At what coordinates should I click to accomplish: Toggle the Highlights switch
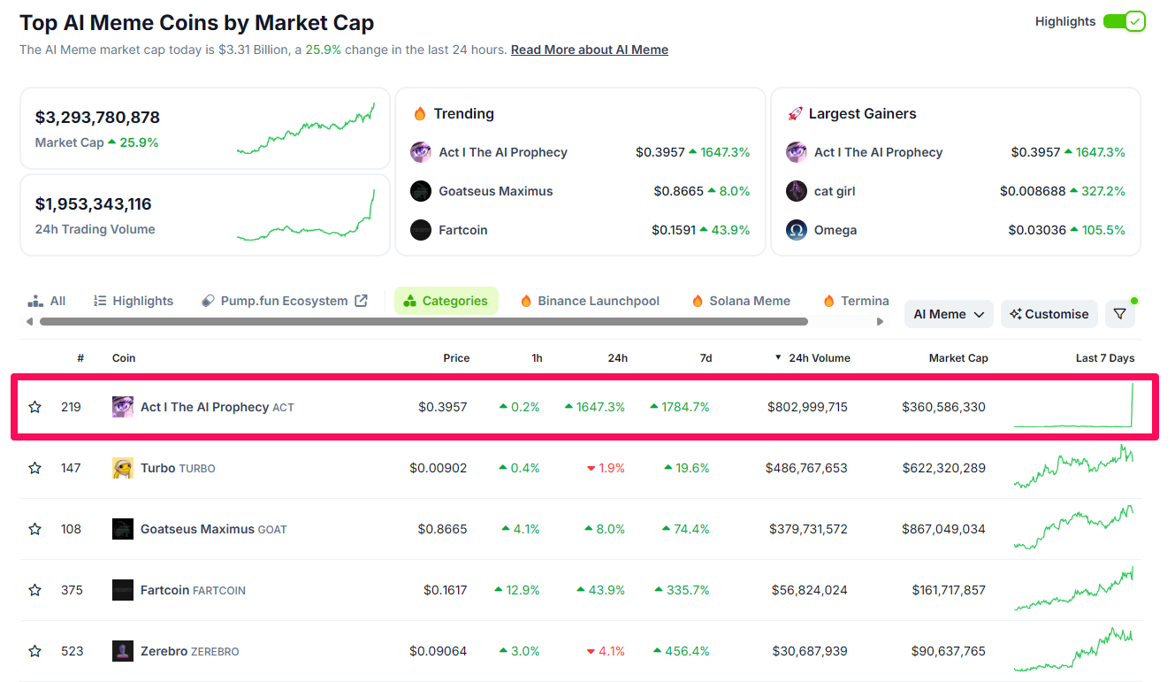[x=1124, y=21]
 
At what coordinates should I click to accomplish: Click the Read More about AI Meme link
[x=589, y=50]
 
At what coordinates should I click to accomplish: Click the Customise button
[x=1049, y=314]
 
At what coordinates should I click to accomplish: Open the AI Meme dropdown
[x=949, y=314]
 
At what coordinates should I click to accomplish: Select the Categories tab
[x=446, y=301]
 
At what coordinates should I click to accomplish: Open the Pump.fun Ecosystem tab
[x=284, y=301]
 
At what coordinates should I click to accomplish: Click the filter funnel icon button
[x=1119, y=314]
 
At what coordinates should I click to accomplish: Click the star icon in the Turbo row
[x=35, y=468]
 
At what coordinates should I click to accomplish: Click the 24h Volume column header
[x=819, y=358]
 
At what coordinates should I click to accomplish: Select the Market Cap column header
[x=958, y=358]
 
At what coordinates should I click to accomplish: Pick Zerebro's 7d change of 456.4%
[x=687, y=651]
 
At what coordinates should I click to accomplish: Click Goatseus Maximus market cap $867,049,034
[x=943, y=529]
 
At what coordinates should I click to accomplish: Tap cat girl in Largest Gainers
[x=834, y=191]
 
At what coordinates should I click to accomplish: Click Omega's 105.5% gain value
[x=1103, y=230]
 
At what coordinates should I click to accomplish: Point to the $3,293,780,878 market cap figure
[x=97, y=117]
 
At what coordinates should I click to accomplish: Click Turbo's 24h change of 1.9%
[x=612, y=468]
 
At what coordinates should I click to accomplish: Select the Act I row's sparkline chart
[x=1073, y=407]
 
